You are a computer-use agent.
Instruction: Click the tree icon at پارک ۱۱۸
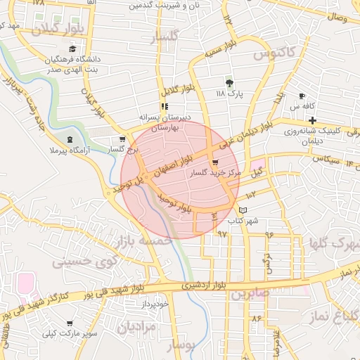click(x=229, y=82)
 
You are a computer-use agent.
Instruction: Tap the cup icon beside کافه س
click(x=302, y=96)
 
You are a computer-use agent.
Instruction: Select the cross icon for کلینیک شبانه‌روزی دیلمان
click(x=312, y=121)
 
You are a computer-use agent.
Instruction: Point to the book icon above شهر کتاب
click(x=243, y=210)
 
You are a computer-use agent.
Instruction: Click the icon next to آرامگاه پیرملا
click(x=69, y=139)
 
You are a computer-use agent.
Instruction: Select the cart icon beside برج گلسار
click(x=123, y=139)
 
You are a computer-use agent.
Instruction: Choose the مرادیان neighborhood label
click(x=134, y=327)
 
